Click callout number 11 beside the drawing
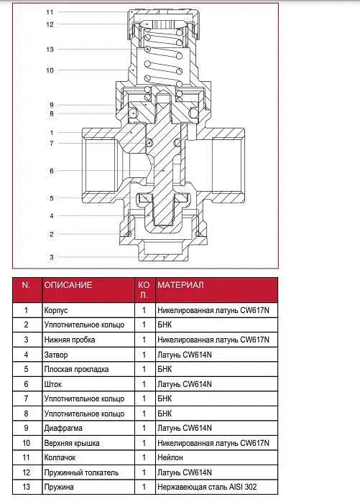(x=50, y=12)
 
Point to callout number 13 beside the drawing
(x=50, y=50)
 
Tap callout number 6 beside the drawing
(x=52, y=171)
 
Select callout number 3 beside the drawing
(x=52, y=257)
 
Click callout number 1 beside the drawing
(x=52, y=133)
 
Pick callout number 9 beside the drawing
(x=52, y=105)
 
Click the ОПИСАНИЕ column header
(x=68, y=285)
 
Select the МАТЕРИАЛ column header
(x=180, y=285)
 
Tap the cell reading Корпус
(x=56, y=310)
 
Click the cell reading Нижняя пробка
(x=70, y=340)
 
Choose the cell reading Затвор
(x=56, y=355)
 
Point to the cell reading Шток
(x=53, y=384)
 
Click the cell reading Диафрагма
(x=63, y=428)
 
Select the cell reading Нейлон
(x=170, y=457)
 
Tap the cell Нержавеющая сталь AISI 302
(x=207, y=487)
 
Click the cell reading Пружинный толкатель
(x=82, y=472)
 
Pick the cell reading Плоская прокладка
(x=76, y=369)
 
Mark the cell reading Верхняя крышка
(x=72, y=443)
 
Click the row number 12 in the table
(x=26, y=472)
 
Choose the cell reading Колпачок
(x=60, y=457)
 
